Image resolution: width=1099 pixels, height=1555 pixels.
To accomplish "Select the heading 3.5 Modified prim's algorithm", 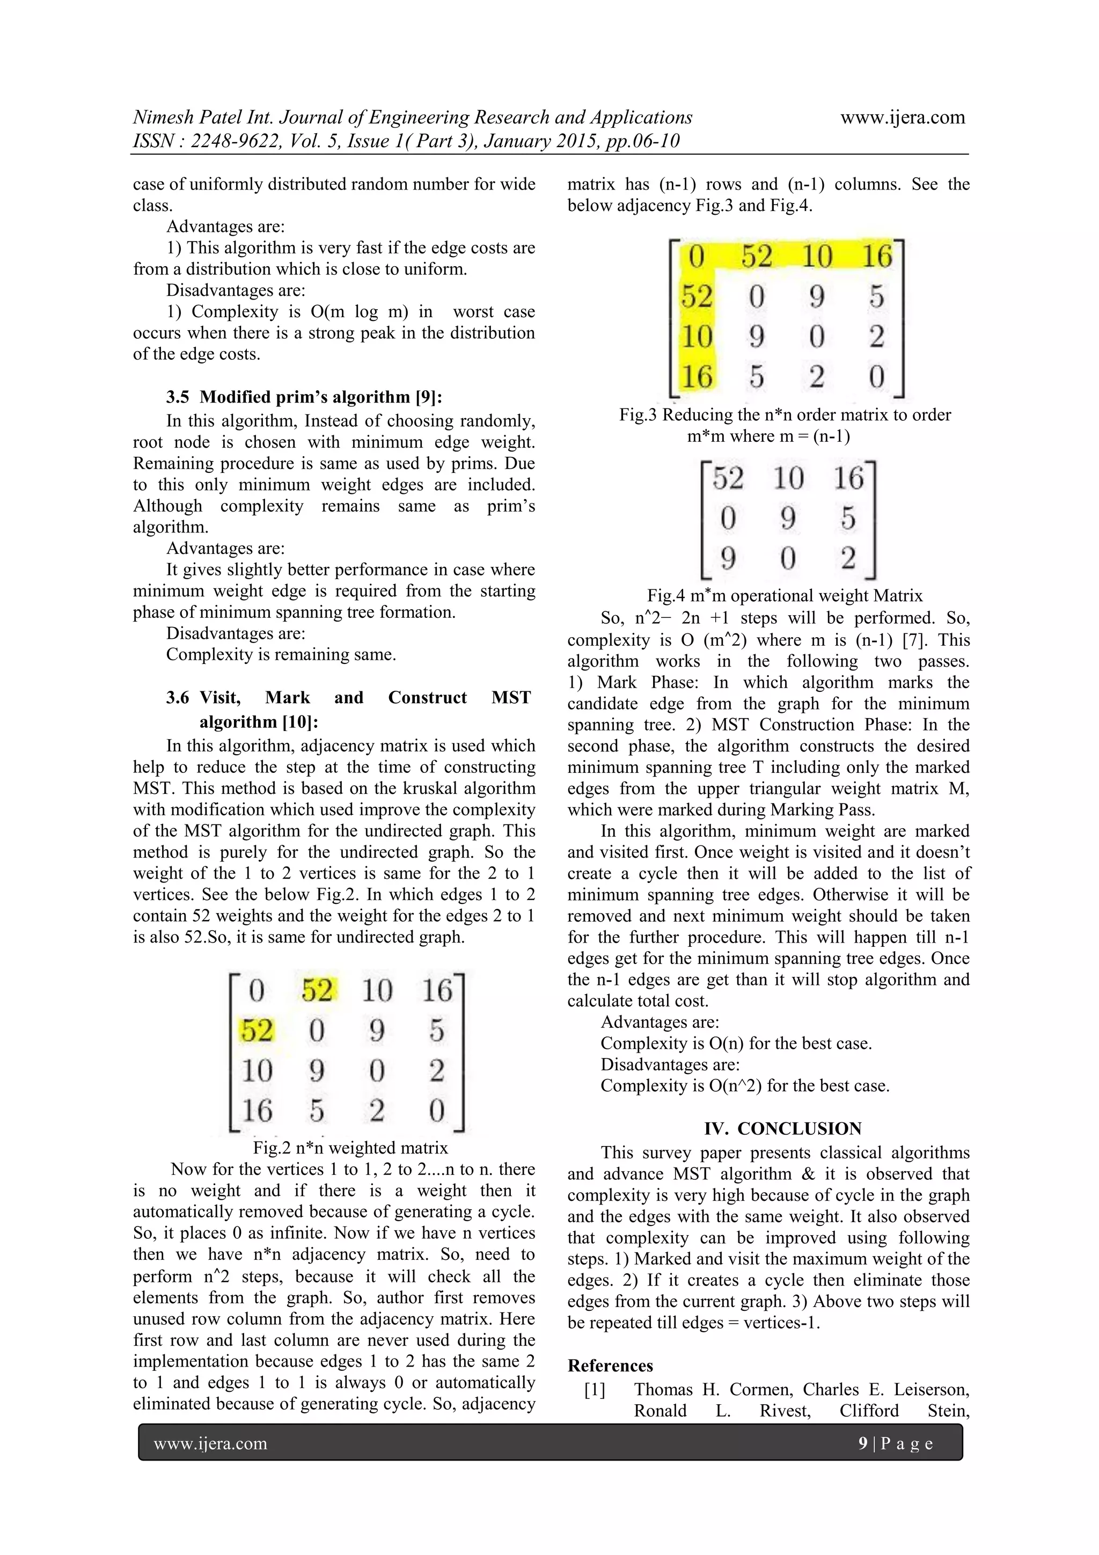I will coord(304,397).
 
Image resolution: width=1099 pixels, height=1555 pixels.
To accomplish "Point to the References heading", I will coord(610,1366).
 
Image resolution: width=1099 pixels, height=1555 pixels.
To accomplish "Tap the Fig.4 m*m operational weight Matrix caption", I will coord(784,595).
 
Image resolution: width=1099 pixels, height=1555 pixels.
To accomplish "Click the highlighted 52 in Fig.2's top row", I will coord(316,991).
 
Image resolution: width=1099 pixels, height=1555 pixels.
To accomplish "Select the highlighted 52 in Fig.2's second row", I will coord(257,1031).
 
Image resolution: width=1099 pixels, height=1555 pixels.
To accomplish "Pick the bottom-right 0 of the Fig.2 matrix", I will coord(437,1111).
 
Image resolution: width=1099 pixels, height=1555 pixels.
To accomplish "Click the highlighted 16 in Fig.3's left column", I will coord(697,377).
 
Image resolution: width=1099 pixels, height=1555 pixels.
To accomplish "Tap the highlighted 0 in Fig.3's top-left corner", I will coord(697,257).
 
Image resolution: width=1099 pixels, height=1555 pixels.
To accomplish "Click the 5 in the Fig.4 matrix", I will coord(848,518).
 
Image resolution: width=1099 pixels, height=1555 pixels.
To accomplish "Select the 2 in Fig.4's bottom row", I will coord(848,558).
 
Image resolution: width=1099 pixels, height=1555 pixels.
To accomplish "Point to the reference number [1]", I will coord(595,1390).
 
